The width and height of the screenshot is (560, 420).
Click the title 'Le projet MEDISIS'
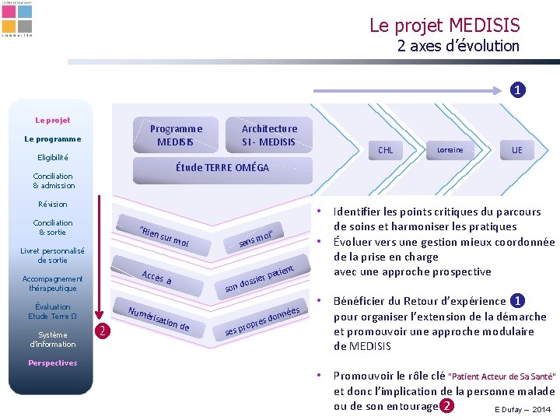click(x=444, y=26)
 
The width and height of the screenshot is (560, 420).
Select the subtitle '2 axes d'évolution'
click(x=458, y=46)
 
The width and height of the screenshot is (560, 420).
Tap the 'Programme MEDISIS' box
click(x=176, y=135)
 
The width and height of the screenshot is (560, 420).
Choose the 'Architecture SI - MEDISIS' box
click(x=269, y=135)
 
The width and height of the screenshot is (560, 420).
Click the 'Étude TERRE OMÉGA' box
click(x=222, y=167)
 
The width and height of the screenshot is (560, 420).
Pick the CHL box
click(x=385, y=150)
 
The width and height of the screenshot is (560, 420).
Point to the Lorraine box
click(x=450, y=150)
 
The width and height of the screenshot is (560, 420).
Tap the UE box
click(x=517, y=150)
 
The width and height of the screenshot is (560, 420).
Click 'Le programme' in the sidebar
click(x=52, y=139)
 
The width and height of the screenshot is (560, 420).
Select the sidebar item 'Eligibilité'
click(x=52, y=157)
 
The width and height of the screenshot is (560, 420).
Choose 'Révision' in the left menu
click(x=53, y=204)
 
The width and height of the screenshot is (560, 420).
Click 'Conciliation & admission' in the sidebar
click(x=54, y=180)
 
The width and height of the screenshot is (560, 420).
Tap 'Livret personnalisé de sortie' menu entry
click(x=52, y=255)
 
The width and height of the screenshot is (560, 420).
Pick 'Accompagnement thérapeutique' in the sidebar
click(x=52, y=283)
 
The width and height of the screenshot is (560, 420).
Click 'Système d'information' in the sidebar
click(x=52, y=339)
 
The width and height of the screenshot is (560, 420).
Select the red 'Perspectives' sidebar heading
click(x=52, y=362)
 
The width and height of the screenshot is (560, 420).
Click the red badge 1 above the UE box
click(x=516, y=89)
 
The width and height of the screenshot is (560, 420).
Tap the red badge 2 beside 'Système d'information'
click(x=100, y=331)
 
